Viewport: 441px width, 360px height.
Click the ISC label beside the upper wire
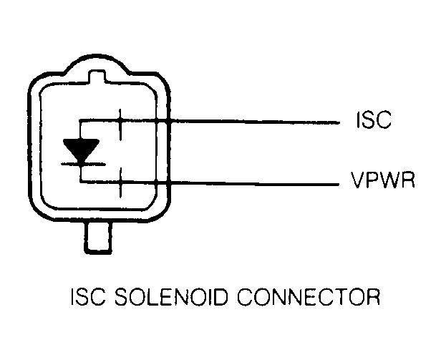374,120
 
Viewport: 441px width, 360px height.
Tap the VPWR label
383,180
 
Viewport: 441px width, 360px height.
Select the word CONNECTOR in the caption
309,297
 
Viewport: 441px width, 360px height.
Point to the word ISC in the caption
88,297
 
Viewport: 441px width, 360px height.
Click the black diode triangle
81,150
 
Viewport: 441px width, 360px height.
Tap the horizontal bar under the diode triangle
84,164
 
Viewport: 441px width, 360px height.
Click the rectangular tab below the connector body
98,237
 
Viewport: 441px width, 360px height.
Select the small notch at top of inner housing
97,76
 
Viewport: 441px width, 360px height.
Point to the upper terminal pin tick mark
120,125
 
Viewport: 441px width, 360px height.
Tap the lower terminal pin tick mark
121,183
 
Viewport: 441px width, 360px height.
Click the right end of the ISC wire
339,122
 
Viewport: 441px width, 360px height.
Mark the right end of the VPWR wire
339,185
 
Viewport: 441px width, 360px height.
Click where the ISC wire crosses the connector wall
168,122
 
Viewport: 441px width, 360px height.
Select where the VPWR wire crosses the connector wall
168,183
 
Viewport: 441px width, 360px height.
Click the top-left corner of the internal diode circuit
80,120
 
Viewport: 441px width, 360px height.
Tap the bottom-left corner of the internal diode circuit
81,182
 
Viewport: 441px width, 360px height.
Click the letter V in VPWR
357,180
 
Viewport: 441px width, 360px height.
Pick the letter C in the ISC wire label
383,120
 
